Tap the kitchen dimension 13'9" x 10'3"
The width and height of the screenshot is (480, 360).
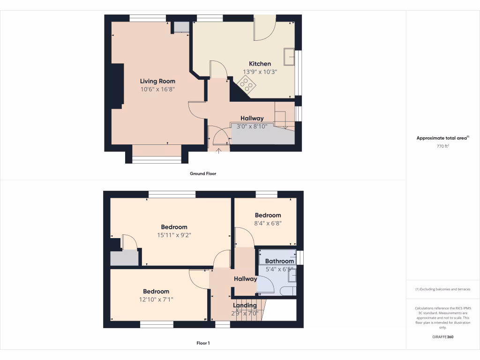point(260,72)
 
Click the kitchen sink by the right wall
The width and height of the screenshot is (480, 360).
point(289,56)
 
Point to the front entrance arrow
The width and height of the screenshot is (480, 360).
point(219,150)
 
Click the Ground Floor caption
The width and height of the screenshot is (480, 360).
point(203,173)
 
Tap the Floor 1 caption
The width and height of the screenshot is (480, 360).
point(203,343)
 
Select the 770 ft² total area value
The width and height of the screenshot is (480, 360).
point(442,146)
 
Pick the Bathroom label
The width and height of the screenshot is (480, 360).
point(279,261)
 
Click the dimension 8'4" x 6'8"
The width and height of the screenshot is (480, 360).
point(268,224)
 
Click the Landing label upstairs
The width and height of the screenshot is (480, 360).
point(245,306)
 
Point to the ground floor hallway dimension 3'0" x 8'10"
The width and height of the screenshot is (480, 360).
point(252,127)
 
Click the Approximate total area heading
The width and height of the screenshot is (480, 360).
point(442,138)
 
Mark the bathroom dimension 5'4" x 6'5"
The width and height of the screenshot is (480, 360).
point(279,270)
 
